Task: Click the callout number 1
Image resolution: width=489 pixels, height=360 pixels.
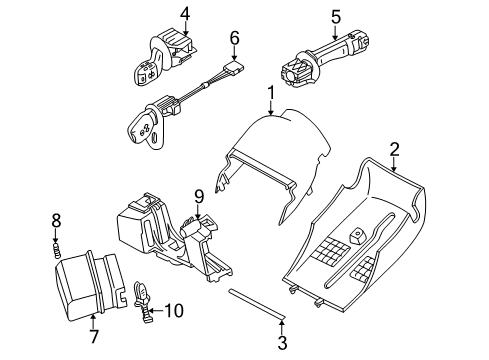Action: (x=271, y=93)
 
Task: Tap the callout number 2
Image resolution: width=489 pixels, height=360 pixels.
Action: (x=394, y=150)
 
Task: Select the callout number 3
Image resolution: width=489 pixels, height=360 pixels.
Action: (x=282, y=343)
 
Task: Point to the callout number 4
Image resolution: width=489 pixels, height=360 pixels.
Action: (x=185, y=14)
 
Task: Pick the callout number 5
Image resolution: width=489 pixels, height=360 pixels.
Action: (x=336, y=17)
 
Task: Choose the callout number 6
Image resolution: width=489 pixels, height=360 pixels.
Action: (x=235, y=38)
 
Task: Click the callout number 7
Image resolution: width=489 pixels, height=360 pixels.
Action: (x=94, y=336)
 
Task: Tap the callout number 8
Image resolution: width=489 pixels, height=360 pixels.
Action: (x=56, y=221)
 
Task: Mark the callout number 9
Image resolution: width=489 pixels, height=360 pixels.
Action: (x=199, y=197)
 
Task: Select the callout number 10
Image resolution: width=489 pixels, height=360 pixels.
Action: (x=174, y=311)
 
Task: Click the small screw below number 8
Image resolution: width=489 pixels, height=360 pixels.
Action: (x=57, y=250)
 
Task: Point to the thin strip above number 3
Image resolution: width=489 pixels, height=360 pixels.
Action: (x=256, y=304)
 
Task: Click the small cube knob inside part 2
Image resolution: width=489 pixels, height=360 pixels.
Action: (x=357, y=236)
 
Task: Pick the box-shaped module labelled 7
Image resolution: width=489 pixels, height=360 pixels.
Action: (x=90, y=287)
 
